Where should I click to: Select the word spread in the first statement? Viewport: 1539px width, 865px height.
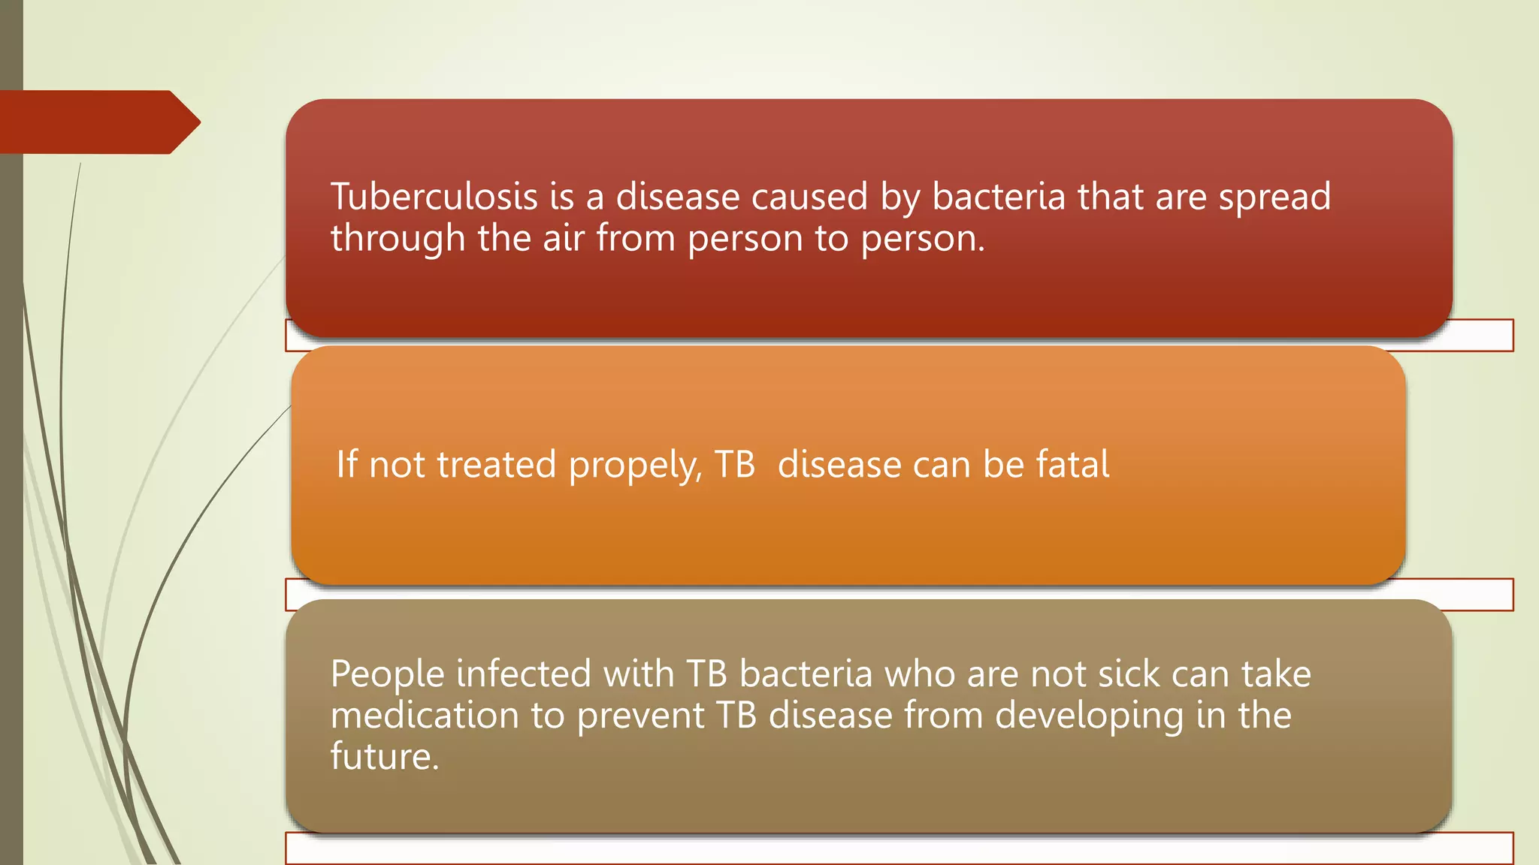click(1274, 198)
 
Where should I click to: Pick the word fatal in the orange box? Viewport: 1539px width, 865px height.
click(1072, 464)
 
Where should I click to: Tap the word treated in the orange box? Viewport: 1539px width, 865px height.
click(496, 464)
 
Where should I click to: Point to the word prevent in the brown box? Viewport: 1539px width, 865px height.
click(640, 715)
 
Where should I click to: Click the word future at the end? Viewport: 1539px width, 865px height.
click(384, 756)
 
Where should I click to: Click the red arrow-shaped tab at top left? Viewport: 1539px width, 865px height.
click(98, 122)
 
